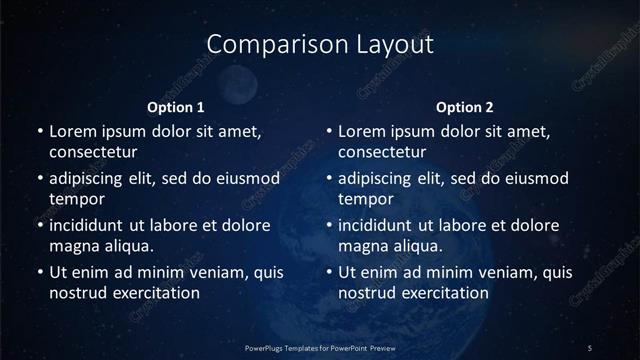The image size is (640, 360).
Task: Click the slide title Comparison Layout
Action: tap(320, 45)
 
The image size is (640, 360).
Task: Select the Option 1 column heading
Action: tap(176, 107)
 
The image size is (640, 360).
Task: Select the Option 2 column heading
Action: tap(465, 107)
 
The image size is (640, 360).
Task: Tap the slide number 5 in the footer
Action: tap(590, 347)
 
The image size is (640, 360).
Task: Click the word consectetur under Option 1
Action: tap(93, 153)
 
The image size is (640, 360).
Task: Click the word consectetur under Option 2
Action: tap(382, 153)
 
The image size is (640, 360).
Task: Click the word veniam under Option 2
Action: tap(484, 272)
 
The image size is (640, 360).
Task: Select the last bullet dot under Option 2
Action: tap(329, 272)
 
